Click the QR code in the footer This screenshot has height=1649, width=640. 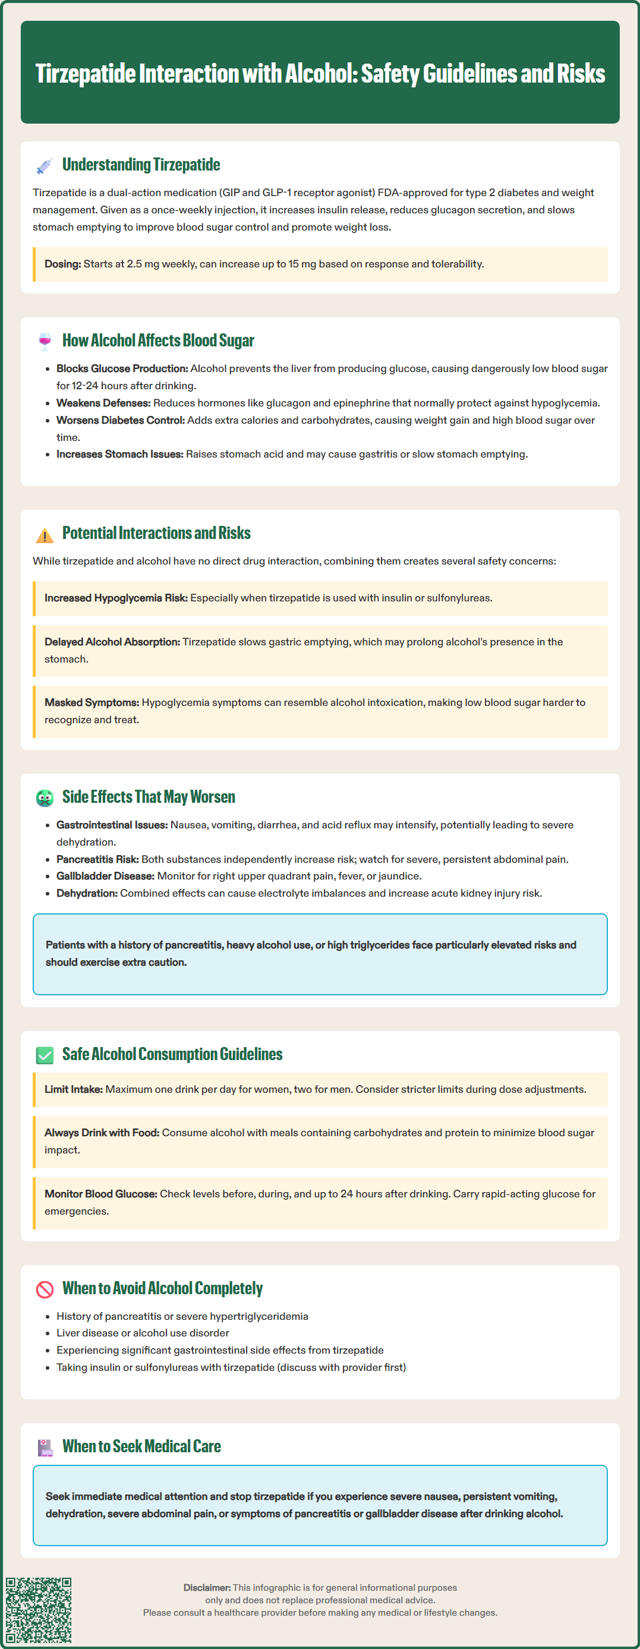pos(39,1609)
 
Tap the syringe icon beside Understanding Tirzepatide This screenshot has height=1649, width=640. pos(44,166)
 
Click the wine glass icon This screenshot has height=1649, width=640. pos(44,341)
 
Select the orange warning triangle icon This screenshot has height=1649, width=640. pos(44,535)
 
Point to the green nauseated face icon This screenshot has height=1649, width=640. pos(44,797)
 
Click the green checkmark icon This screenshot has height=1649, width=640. pos(44,1055)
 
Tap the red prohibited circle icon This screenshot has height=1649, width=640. pos(44,1289)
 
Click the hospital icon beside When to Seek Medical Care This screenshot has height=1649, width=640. pos(44,1448)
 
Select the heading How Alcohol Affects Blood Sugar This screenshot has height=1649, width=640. pos(158,340)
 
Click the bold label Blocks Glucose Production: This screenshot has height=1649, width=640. pos(122,368)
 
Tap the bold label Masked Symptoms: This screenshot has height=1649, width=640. pos(92,703)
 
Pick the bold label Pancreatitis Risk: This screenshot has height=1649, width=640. pos(97,859)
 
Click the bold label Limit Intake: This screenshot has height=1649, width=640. pos(74,1089)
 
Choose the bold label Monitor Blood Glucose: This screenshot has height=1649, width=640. pos(100,1194)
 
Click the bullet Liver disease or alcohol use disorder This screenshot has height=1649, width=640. pos(143,1333)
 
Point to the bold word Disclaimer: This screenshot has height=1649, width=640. pos(207,1588)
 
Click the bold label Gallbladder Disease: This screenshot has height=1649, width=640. pos(106,876)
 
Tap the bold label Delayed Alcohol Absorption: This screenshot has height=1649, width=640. pos(112,642)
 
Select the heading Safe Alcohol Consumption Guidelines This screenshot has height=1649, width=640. pos(172,1054)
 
